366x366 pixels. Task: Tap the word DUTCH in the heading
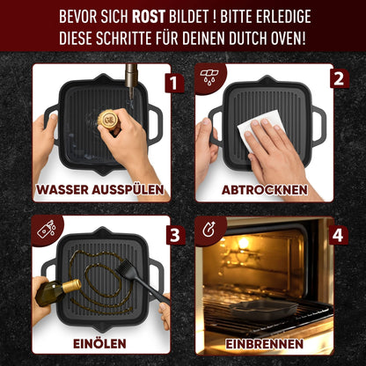(253, 39)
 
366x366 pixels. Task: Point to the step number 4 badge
(336, 237)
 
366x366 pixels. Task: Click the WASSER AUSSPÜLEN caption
(100, 189)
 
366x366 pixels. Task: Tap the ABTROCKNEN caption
(265, 189)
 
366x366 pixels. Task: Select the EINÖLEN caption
(100, 342)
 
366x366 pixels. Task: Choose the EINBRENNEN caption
(265, 342)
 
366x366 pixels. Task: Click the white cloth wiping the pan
(255, 128)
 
